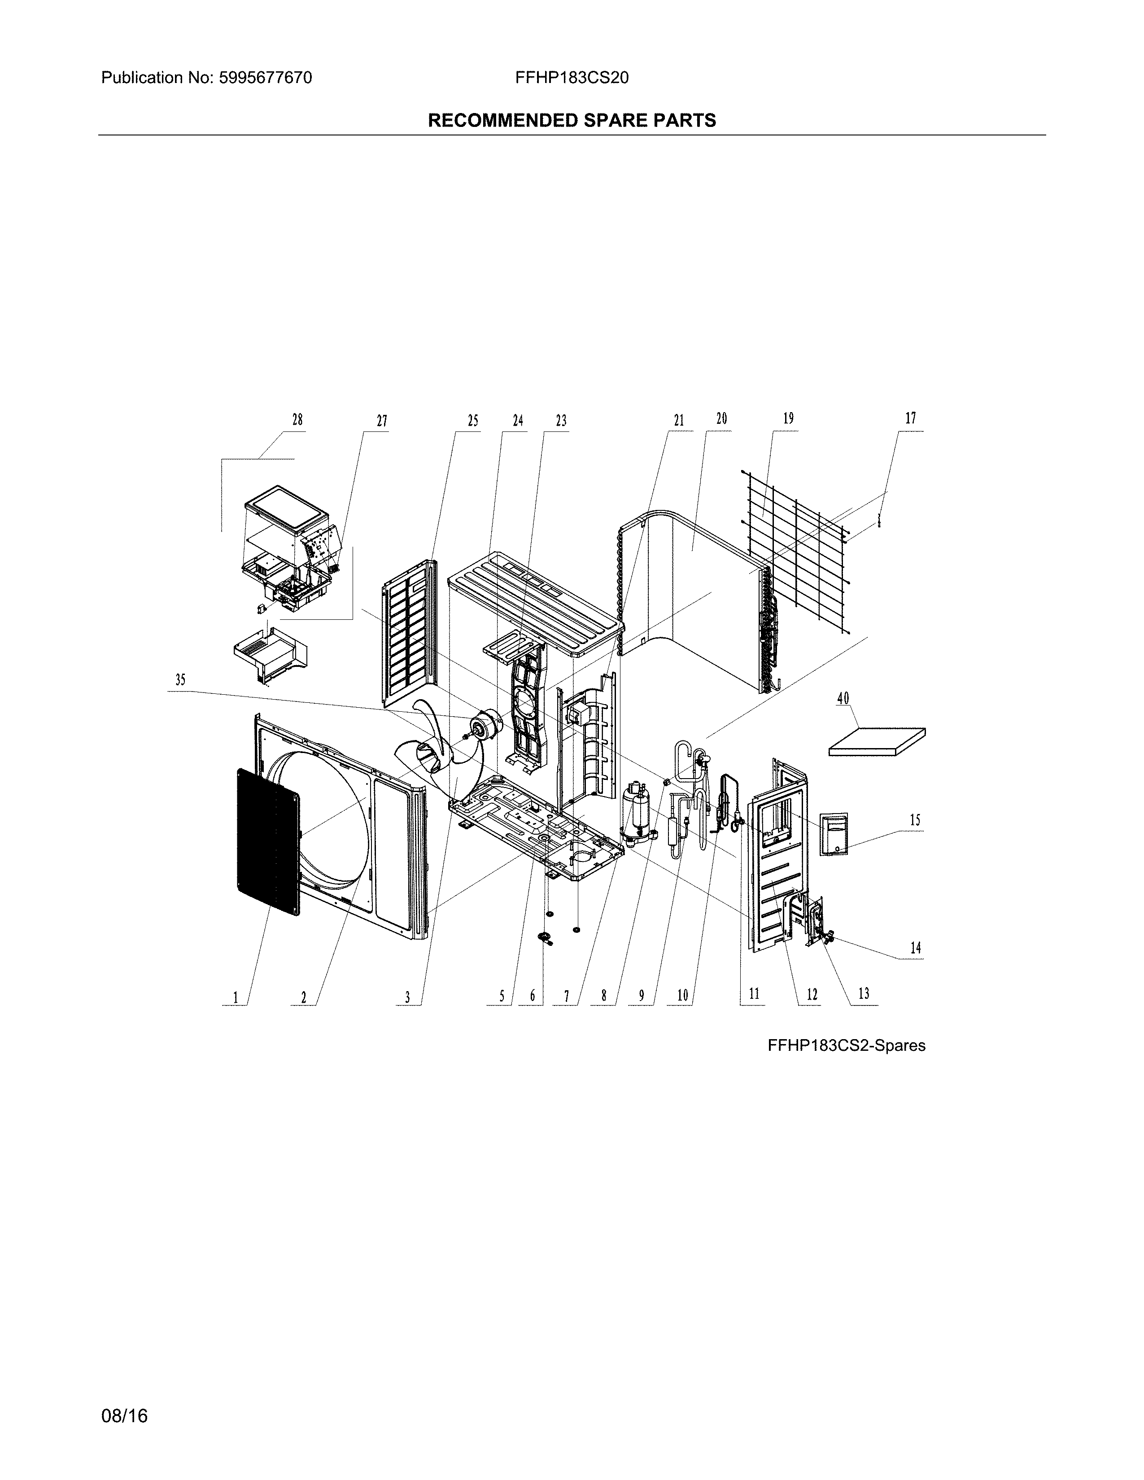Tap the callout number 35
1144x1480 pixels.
(x=180, y=680)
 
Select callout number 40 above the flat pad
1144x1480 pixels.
(x=843, y=698)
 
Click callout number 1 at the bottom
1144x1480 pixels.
(x=235, y=997)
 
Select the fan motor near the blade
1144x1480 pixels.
(x=487, y=725)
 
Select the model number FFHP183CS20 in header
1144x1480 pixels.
(x=571, y=78)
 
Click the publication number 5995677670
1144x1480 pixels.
(x=265, y=78)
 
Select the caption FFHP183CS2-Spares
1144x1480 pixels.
(x=846, y=1045)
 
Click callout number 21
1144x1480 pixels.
(x=678, y=420)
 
